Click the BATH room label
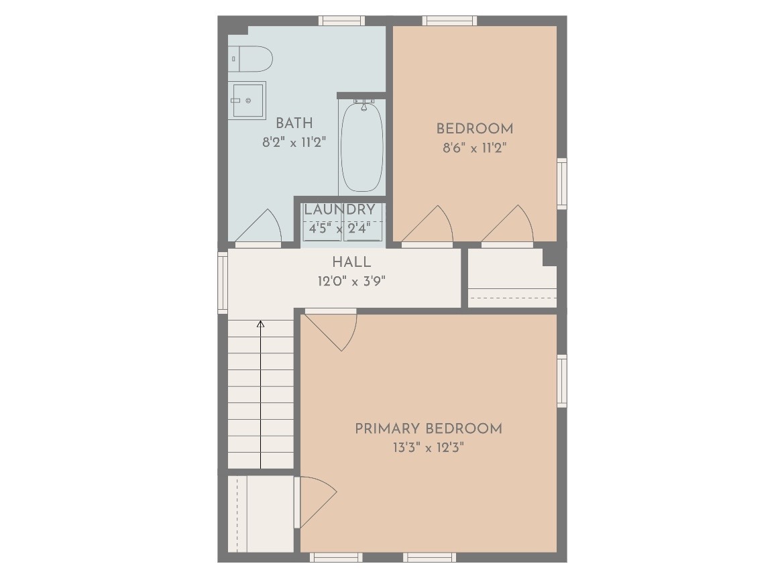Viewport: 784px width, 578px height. (x=294, y=123)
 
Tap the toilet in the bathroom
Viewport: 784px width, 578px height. (x=251, y=59)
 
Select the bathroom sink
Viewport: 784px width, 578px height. (x=247, y=101)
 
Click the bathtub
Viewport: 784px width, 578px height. (x=362, y=146)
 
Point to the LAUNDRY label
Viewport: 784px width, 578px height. (x=339, y=209)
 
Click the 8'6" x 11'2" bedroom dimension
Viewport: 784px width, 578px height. (x=475, y=148)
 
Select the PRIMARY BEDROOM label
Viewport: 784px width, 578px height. (x=429, y=428)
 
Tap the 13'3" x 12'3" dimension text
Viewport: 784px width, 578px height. (x=429, y=447)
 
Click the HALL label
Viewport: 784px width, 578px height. (x=351, y=262)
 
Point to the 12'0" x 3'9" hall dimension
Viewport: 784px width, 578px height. (x=351, y=281)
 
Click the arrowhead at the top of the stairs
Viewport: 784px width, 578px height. (x=260, y=324)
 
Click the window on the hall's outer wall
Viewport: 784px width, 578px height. (x=223, y=282)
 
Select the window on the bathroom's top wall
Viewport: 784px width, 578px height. (x=342, y=21)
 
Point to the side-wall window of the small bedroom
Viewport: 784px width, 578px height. (x=562, y=184)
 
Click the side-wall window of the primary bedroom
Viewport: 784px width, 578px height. (x=562, y=381)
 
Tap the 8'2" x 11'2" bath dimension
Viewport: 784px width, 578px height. (x=294, y=143)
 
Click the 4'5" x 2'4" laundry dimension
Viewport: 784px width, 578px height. (x=339, y=229)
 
